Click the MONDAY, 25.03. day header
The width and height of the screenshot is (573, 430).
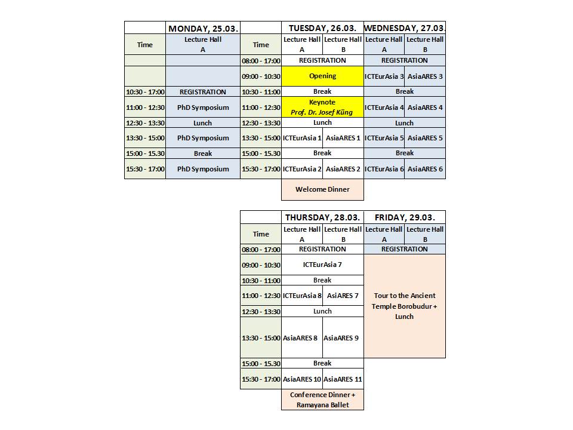pos(203,28)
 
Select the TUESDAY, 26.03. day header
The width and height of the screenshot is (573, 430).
pos(322,28)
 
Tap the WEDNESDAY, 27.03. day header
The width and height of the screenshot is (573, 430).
pos(405,28)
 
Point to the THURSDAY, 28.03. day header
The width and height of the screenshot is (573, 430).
pos(322,217)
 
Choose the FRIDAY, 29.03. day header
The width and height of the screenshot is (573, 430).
pos(405,217)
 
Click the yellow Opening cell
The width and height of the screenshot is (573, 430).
pos(322,76)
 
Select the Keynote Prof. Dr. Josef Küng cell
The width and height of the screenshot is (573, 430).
pos(322,107)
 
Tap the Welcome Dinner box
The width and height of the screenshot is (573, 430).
pos(322,189)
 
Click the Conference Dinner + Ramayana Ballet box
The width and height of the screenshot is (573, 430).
pos(322,400)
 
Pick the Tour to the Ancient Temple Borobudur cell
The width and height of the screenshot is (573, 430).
pos(405,306)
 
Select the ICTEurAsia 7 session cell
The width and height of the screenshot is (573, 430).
pos(322,265)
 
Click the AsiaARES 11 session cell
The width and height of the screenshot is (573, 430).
pos(343,379)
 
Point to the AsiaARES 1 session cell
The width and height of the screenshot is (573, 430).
pos(343,138)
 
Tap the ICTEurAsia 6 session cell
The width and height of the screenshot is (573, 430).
pos(384,169)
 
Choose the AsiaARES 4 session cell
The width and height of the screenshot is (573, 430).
pos(425,107)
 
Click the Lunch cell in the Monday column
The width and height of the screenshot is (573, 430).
pos(203,123)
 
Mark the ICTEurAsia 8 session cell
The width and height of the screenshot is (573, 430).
pos(302,296)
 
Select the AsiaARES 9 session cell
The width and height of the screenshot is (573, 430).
pos(343,338)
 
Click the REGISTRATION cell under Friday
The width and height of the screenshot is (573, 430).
pos(405,249)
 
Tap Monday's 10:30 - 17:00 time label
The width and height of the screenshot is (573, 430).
pos(145,92)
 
